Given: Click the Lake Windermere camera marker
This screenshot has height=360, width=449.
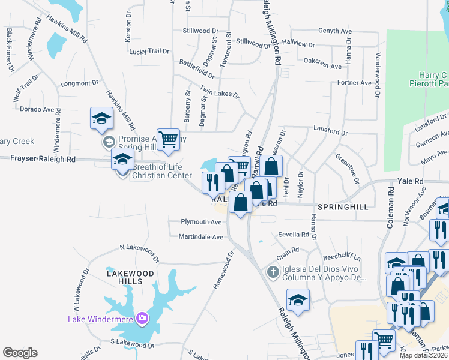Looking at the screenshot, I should click(x=143, y=318).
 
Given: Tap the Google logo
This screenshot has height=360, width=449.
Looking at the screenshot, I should click(x=20, y=353).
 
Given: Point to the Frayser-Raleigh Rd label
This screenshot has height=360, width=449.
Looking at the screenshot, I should click(x=44, y=159).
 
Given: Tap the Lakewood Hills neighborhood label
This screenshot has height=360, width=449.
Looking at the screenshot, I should click(x=131, y=273).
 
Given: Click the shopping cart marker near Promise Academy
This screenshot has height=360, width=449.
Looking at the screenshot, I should click(x=169, y=140).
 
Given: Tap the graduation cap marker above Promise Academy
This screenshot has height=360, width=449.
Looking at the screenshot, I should click(x=101, y=119).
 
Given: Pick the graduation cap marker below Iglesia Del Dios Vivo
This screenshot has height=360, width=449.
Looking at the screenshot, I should click(x=297, y=299).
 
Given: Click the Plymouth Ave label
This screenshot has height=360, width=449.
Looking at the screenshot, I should click(x=202, y=222).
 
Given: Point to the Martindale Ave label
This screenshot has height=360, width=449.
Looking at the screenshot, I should click(x=200, y=237).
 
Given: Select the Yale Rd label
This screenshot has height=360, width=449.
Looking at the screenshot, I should click(x=410, y=181).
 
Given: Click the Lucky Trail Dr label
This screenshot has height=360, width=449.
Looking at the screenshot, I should click(x=149, y=52).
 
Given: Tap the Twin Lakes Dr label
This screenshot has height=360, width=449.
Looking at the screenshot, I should click(x=220, y=95).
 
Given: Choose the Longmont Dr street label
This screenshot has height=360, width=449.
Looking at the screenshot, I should click(x=79, y=83).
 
